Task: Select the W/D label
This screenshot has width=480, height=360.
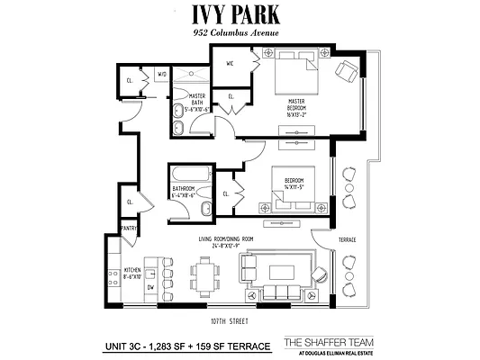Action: coord(163,74)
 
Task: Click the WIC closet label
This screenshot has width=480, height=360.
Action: coord(230,63)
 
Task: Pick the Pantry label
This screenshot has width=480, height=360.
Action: coord(129,229)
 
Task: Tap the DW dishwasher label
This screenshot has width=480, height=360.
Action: coord(150,286)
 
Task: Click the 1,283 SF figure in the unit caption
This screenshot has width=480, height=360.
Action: coord(178,346)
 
